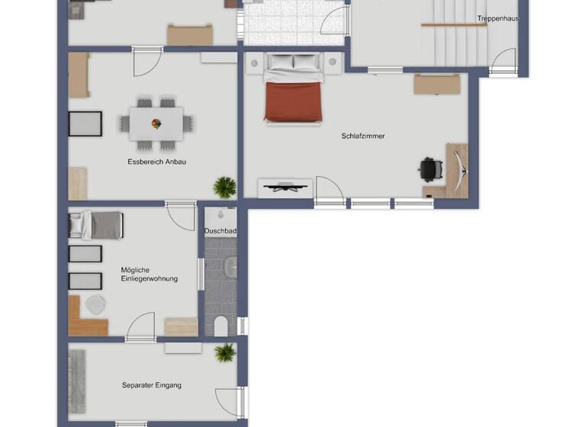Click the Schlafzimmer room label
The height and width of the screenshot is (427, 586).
click(x=363, y=136)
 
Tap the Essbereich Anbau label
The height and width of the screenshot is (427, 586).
click(x=157, y=162)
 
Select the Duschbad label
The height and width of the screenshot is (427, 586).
click(x=221, y=230)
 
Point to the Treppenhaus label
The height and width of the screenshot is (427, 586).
click(x=498, y=18)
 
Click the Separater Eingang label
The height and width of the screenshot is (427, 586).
click(x=152, y=386)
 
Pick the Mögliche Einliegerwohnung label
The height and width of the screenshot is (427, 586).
click(x=150, y=274)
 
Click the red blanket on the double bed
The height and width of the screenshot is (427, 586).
click(x=293, y=102)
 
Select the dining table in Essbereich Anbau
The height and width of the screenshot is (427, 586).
click(x=156, y=123)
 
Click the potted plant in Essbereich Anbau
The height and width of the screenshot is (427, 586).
click(x=225, y=186)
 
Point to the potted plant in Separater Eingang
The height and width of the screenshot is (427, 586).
click(x=225, y=353)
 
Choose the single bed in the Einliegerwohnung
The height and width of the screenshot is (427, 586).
click(x=96, y=225)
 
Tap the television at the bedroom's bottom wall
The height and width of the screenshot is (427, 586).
click(x=285, y=185)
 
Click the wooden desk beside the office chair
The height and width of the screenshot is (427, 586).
click(x=457, y=169)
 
